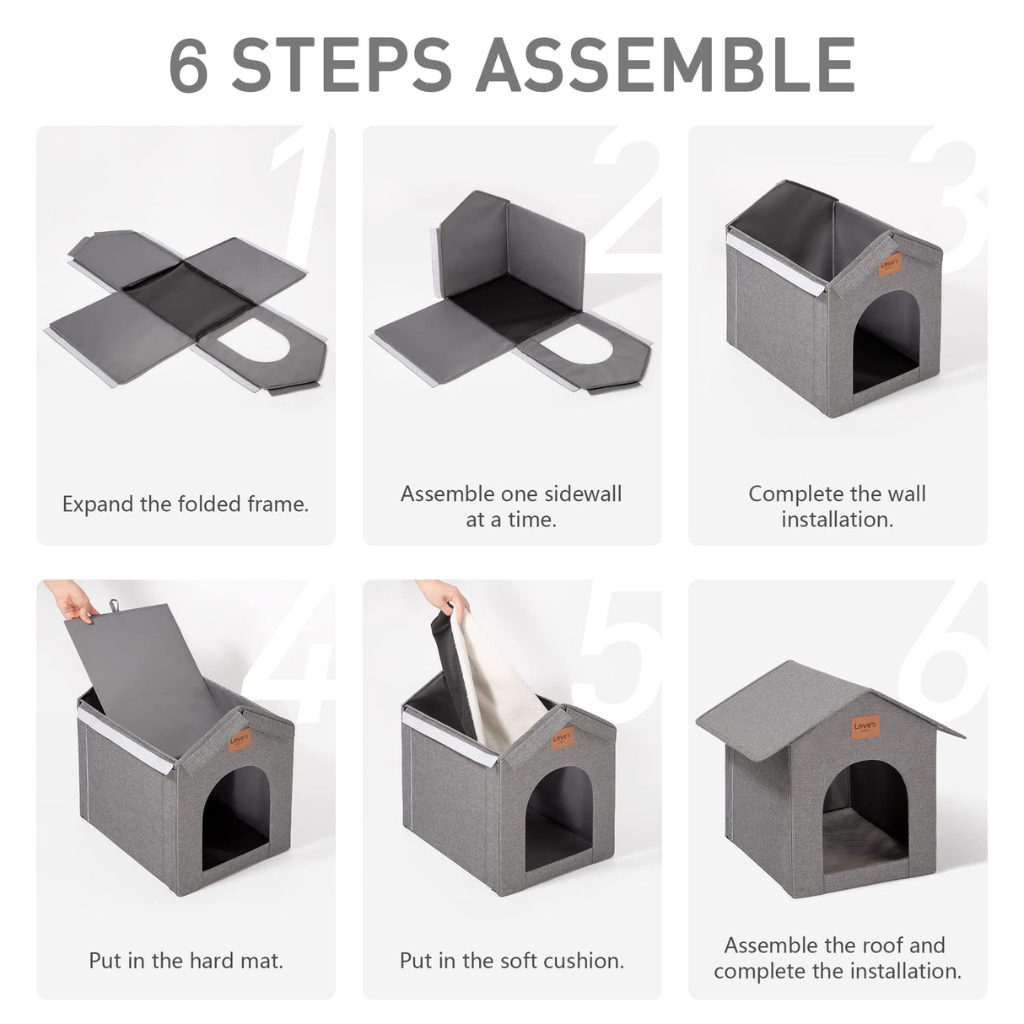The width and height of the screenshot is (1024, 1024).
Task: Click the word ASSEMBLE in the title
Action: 666,64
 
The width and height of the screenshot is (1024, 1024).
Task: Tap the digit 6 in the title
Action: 189,65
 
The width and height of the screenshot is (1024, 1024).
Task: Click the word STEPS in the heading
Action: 342,64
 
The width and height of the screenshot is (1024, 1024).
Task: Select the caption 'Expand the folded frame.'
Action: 186,504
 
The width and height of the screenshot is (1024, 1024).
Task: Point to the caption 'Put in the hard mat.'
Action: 186,960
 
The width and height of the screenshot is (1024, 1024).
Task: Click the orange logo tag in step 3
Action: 889,264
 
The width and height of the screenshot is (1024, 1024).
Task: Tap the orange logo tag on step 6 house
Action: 865,726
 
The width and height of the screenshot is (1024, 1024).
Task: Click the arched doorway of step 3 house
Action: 886,341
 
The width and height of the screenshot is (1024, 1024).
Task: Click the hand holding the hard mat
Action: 72,601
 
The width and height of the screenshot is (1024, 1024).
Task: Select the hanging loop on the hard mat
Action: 114,606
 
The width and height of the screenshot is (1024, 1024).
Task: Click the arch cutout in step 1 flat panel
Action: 254,341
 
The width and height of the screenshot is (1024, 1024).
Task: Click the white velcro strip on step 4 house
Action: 126,741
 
